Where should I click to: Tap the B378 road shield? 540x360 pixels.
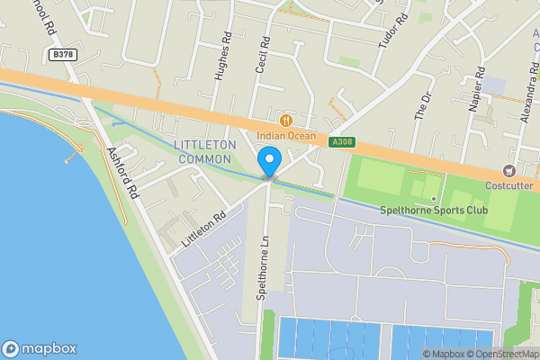click(x=62, y=56)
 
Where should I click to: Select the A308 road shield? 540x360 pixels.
click(x=341, y=142)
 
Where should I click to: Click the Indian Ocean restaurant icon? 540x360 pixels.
click(x=286, y=121)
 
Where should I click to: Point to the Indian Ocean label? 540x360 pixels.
click(x=285, y=136)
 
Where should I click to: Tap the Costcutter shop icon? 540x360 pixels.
click(x=510, y=171)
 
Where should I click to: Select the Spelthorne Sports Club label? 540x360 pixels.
click(x=434, y=211)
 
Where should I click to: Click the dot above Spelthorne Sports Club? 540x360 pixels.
click(x=434, y=198)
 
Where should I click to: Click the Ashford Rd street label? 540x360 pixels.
click(x=122, y=172)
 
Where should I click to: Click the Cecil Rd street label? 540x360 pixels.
click(x=265, y=55)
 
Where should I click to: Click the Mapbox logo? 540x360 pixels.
click(x=39, y=348)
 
